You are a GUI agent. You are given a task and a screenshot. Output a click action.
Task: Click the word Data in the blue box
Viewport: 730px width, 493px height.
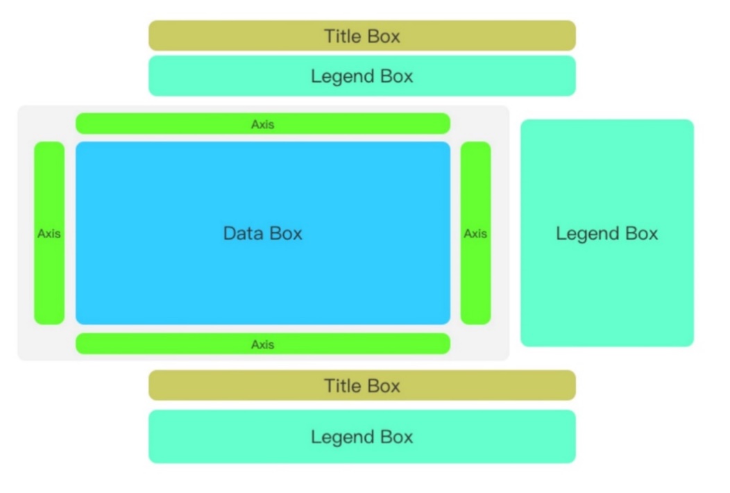point(241,233)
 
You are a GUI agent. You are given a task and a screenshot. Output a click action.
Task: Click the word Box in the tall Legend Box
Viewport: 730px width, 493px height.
point(643,233)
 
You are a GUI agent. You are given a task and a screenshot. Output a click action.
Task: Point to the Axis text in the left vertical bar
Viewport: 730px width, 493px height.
point(49,233)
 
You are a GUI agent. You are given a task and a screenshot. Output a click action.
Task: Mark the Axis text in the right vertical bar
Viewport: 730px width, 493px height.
point(475,233)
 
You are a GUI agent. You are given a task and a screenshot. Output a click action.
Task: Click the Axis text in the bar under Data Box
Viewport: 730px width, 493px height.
point(263,344)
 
